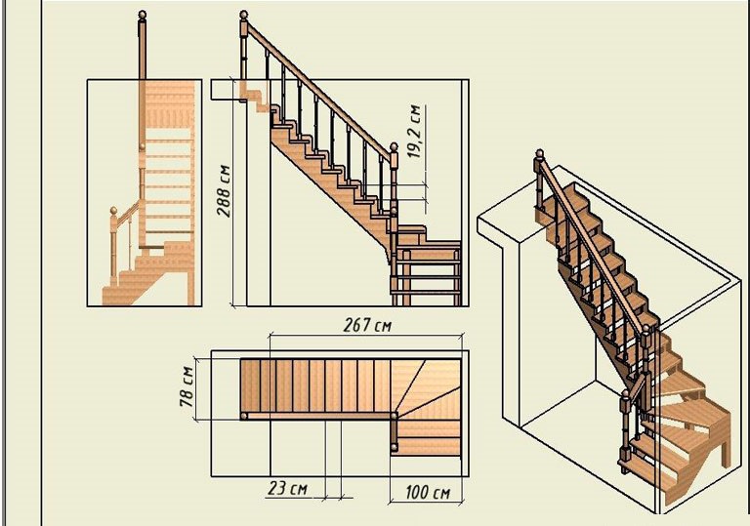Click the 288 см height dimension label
tap(224, 191)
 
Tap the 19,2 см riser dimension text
tap(414, 131)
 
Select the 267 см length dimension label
tap(367, 326)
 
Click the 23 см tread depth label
tap(287, 488)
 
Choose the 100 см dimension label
tap(428, 493)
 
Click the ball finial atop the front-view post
tap(142, 15)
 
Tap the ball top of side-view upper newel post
tap(244, 15)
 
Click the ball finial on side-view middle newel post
tap(394, 146)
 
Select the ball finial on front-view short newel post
tap(113, 211)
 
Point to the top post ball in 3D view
tap(539, 153)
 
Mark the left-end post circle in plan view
tap(244, 416)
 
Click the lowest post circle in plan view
tap(395, 448)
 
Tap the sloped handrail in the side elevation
tap(319, 91)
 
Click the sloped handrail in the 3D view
tap(594, 245)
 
